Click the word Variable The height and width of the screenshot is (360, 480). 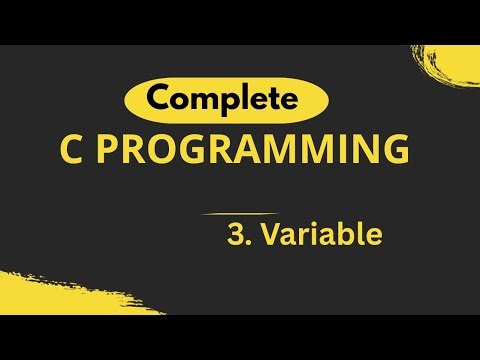pyautogui.click(x=321, y=236)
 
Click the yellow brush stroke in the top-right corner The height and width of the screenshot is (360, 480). pyautogui.click(x=450, y=70)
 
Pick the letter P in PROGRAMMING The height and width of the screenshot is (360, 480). pyautogui.click(x=112, y=153)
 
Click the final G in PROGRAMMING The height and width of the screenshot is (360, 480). pyautogui.click(x=396, y=153)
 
